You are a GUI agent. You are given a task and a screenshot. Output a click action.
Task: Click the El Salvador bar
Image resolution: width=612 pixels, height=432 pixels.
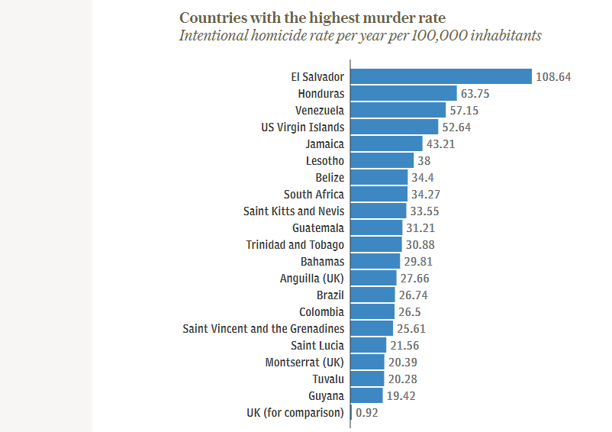point(441,76)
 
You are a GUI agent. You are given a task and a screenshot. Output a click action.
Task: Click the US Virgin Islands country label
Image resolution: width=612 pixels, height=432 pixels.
point(302,127)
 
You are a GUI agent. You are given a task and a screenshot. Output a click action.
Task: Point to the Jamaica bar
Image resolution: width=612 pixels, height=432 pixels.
point(386,143)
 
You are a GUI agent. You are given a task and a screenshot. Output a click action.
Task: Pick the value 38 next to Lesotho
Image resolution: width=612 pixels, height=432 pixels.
point(424,161)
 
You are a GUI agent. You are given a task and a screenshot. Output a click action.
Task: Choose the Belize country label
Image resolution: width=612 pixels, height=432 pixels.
point(330,177)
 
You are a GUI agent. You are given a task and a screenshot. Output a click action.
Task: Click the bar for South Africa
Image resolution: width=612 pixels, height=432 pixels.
point(379,194)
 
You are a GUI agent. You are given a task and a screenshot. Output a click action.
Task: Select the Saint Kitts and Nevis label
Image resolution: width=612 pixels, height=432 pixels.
point(294,211)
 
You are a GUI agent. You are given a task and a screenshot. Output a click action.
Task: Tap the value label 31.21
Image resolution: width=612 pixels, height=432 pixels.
point(420,228)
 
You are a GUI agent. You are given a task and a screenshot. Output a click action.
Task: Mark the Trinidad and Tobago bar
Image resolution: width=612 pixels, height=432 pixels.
point(376,244)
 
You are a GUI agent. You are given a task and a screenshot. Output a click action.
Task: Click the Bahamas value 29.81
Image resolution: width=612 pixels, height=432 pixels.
point(419,262)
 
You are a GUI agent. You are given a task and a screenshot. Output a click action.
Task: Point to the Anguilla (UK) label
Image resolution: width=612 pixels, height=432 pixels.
point(312,278)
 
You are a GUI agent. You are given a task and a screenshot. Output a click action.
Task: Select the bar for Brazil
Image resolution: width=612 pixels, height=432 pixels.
point(373,295)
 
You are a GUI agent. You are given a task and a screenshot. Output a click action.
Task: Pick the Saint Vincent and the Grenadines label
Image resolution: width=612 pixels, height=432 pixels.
point(263,328)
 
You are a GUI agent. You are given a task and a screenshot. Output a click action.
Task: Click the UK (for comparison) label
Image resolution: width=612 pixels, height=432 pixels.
point(295,412)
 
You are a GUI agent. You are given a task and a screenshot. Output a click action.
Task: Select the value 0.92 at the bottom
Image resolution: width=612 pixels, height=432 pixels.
point(367,413)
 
